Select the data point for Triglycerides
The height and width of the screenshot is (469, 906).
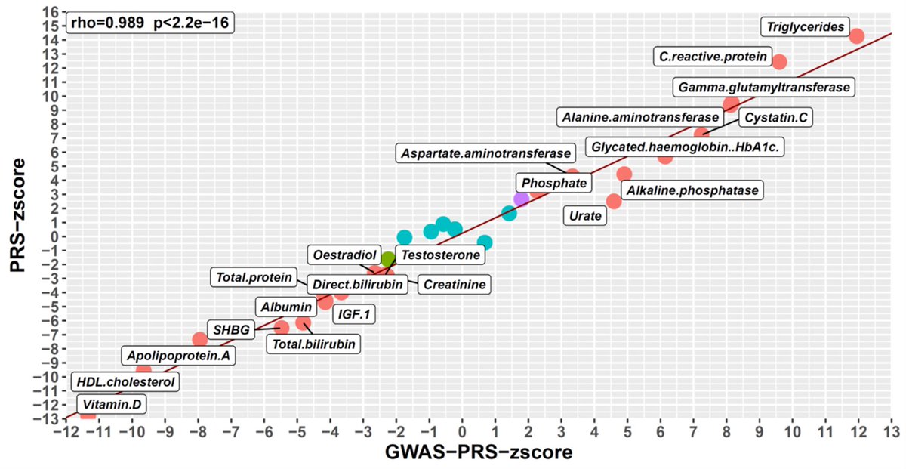pos(856,35)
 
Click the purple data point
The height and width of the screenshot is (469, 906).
pos(521,199)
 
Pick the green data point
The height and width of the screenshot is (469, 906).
pos(388,259)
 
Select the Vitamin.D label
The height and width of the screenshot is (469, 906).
pos(112,405)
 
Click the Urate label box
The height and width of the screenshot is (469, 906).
pos(585,216)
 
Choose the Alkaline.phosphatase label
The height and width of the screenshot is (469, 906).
pos(692,190)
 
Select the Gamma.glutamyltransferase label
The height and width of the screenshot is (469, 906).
pos(765,87)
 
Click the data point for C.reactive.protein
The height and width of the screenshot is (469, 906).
pos(779,61)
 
